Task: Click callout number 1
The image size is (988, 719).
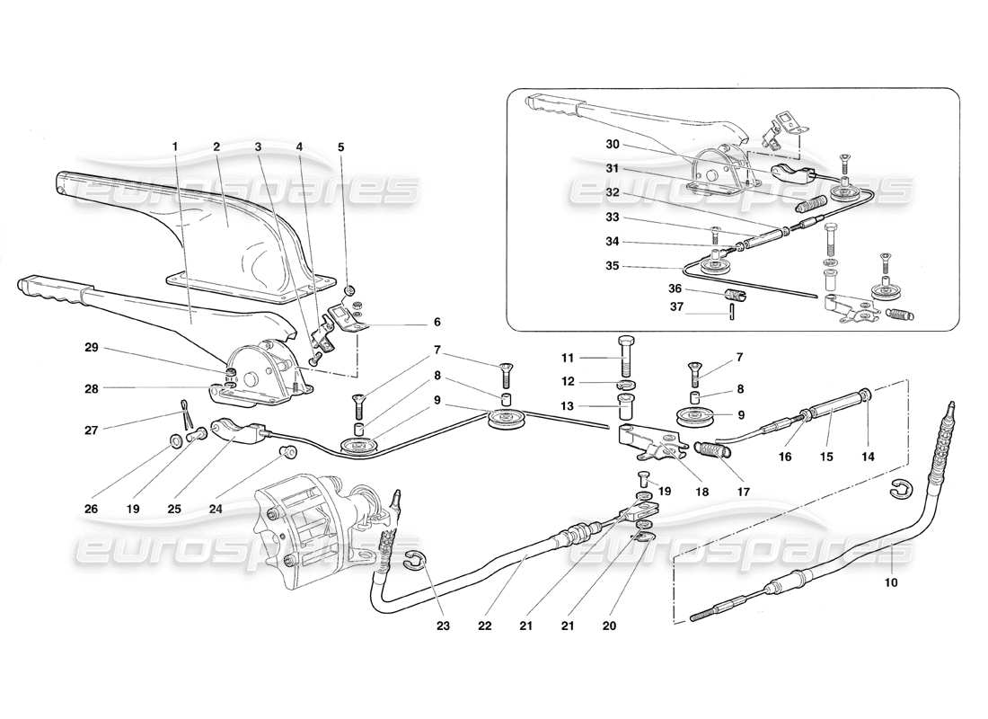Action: click(x=175, y=146)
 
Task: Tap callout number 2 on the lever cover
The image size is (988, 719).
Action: click(x=216, y=146)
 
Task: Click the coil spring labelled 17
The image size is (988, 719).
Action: click(x=712, y=448)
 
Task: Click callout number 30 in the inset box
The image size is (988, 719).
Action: click(x=612, y=144)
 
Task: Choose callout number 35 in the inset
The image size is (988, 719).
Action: click(x=612, y=266)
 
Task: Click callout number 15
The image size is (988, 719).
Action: click(x=826, y=457)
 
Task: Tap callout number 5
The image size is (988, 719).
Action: click(x=340, y=146)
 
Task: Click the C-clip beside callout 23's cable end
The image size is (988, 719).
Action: click(x=414, y=562)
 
